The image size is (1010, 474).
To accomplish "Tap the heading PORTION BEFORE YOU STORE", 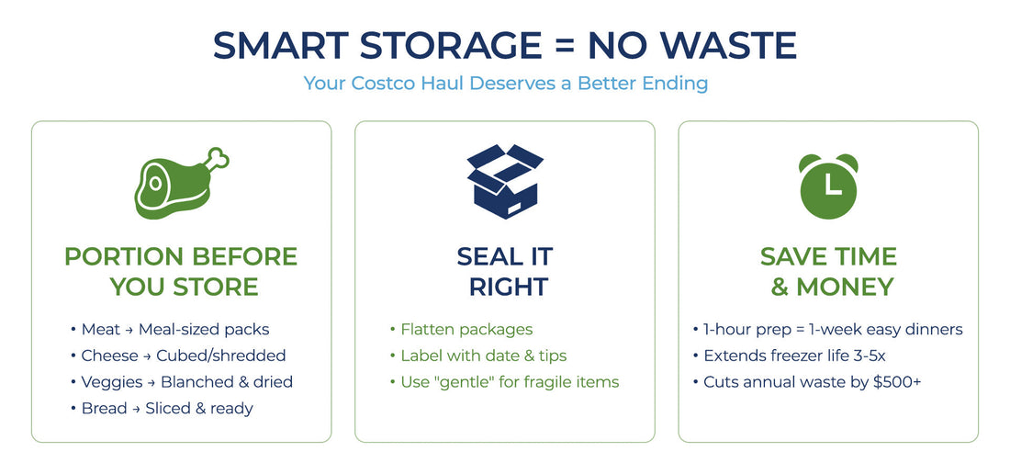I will coord(181,271).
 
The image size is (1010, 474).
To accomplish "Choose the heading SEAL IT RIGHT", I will coord(505,271).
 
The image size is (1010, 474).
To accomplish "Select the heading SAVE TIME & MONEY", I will coord(828,271).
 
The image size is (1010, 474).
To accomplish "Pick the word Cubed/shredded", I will coord(221,355).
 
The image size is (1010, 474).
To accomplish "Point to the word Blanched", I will coord(196,381).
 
